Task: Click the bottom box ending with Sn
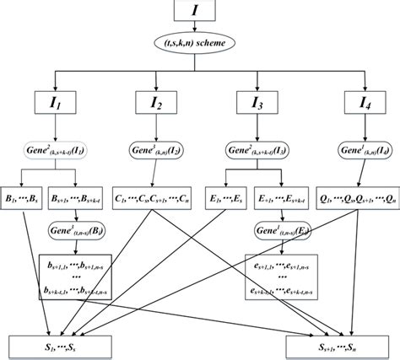tap(340, 344)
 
